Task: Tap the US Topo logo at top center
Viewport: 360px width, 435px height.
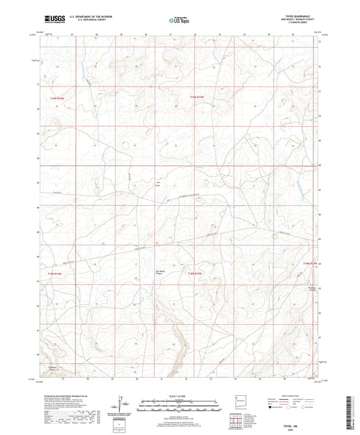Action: pyautogui.click(x=178, y=21)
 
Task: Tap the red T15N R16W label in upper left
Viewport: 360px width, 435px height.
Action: pyautogui.click(x=54, y=99)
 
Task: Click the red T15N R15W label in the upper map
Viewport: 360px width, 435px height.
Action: pyautogui.click(x=196, y=99)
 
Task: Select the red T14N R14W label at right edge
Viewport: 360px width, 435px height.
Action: pyautogui.click(x=309, y=263)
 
